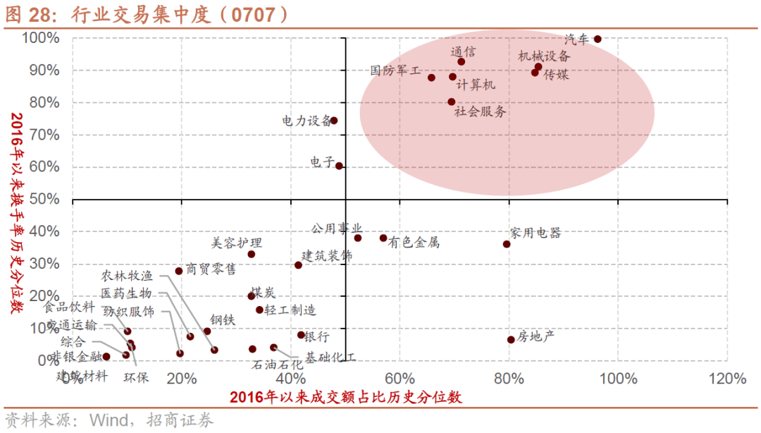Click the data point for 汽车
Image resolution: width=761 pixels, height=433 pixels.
tap(598, 39)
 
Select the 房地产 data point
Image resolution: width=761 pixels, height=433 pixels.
tap(511, 340)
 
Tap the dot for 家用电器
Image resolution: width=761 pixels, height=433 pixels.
tap(507, 244)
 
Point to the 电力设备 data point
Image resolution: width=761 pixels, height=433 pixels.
tap(333, 121)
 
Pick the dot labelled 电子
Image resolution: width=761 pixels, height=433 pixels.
tap(339, 166)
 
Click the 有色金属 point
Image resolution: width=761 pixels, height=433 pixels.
tap(383, 238)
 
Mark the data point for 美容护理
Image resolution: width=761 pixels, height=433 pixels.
tap(251, 255)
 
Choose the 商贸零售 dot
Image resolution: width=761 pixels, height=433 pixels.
tap(179, 271)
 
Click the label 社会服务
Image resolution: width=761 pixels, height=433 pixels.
tap(480, 111)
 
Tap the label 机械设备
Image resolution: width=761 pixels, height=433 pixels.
tap(544, 56)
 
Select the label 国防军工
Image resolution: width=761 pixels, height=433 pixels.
tap(395, 71)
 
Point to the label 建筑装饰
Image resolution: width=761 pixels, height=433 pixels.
tap(327, 255)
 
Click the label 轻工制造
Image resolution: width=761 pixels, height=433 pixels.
tap(290, 310)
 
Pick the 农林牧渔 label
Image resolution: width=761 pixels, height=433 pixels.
tap(127, 276)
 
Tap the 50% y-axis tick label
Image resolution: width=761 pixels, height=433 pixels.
tap(44, 200)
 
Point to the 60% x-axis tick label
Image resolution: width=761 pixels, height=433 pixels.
tap(399, 379)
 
